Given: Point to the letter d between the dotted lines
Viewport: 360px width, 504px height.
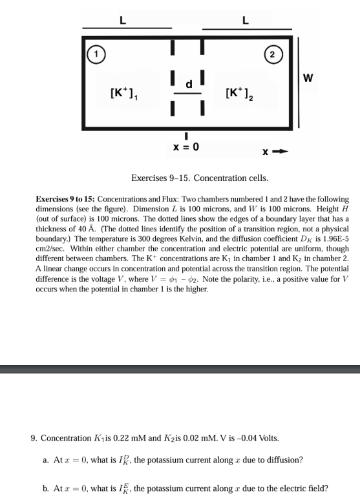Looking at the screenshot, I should pos(189,83).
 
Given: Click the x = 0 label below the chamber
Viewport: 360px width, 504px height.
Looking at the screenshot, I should pos(186,147).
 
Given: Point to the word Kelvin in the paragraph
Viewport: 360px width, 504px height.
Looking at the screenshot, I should pos(191,236).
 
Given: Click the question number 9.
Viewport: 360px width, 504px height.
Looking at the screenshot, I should pos(34,437).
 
